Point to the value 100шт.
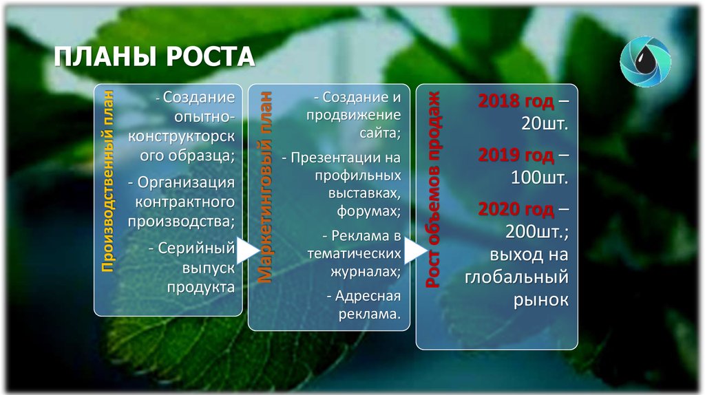click(x=539, y=178)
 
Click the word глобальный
click(x=516, y=277)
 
